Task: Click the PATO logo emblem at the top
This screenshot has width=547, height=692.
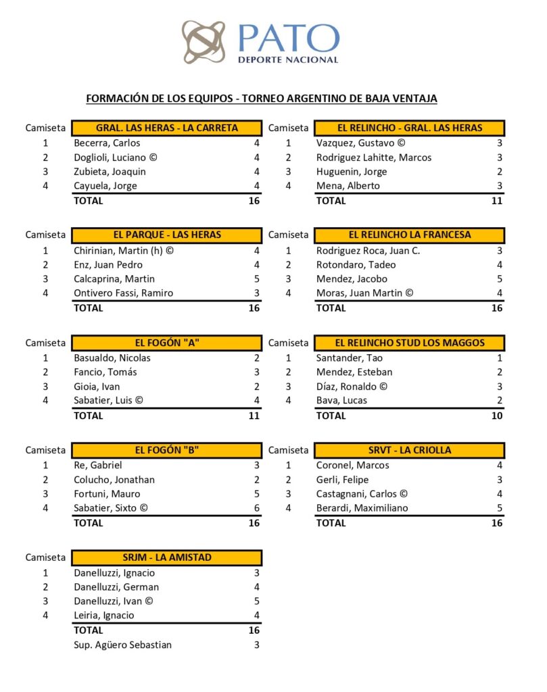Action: pyautogui.click(x=203, y=42)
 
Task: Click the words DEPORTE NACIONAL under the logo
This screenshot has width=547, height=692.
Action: pyautogui.click(x=287, y=59)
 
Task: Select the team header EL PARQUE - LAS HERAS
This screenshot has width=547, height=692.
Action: pyautogui.click(x=167, y=235)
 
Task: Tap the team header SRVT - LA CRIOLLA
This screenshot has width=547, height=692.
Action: pyautogui.click(x=410, y=450)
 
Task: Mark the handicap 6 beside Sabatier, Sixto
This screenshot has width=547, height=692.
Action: pyautogui.click(x=256, y=508)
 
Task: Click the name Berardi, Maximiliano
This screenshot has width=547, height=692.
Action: pyautogui.click(x=362, y=508)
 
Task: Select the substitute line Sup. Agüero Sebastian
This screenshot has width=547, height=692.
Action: pyautogui.click(x=122, y=645)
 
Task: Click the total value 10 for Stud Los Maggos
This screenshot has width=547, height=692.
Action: pyautogui.click(x=497, y=416)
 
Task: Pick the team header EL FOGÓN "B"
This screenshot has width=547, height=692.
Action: pyautogui.click(x=167, y=450)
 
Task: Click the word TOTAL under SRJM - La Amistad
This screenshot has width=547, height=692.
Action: pyautogui.click(x=88, y=630)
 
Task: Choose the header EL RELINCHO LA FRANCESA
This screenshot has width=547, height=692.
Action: pyautogui.click(x=410, y=235)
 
